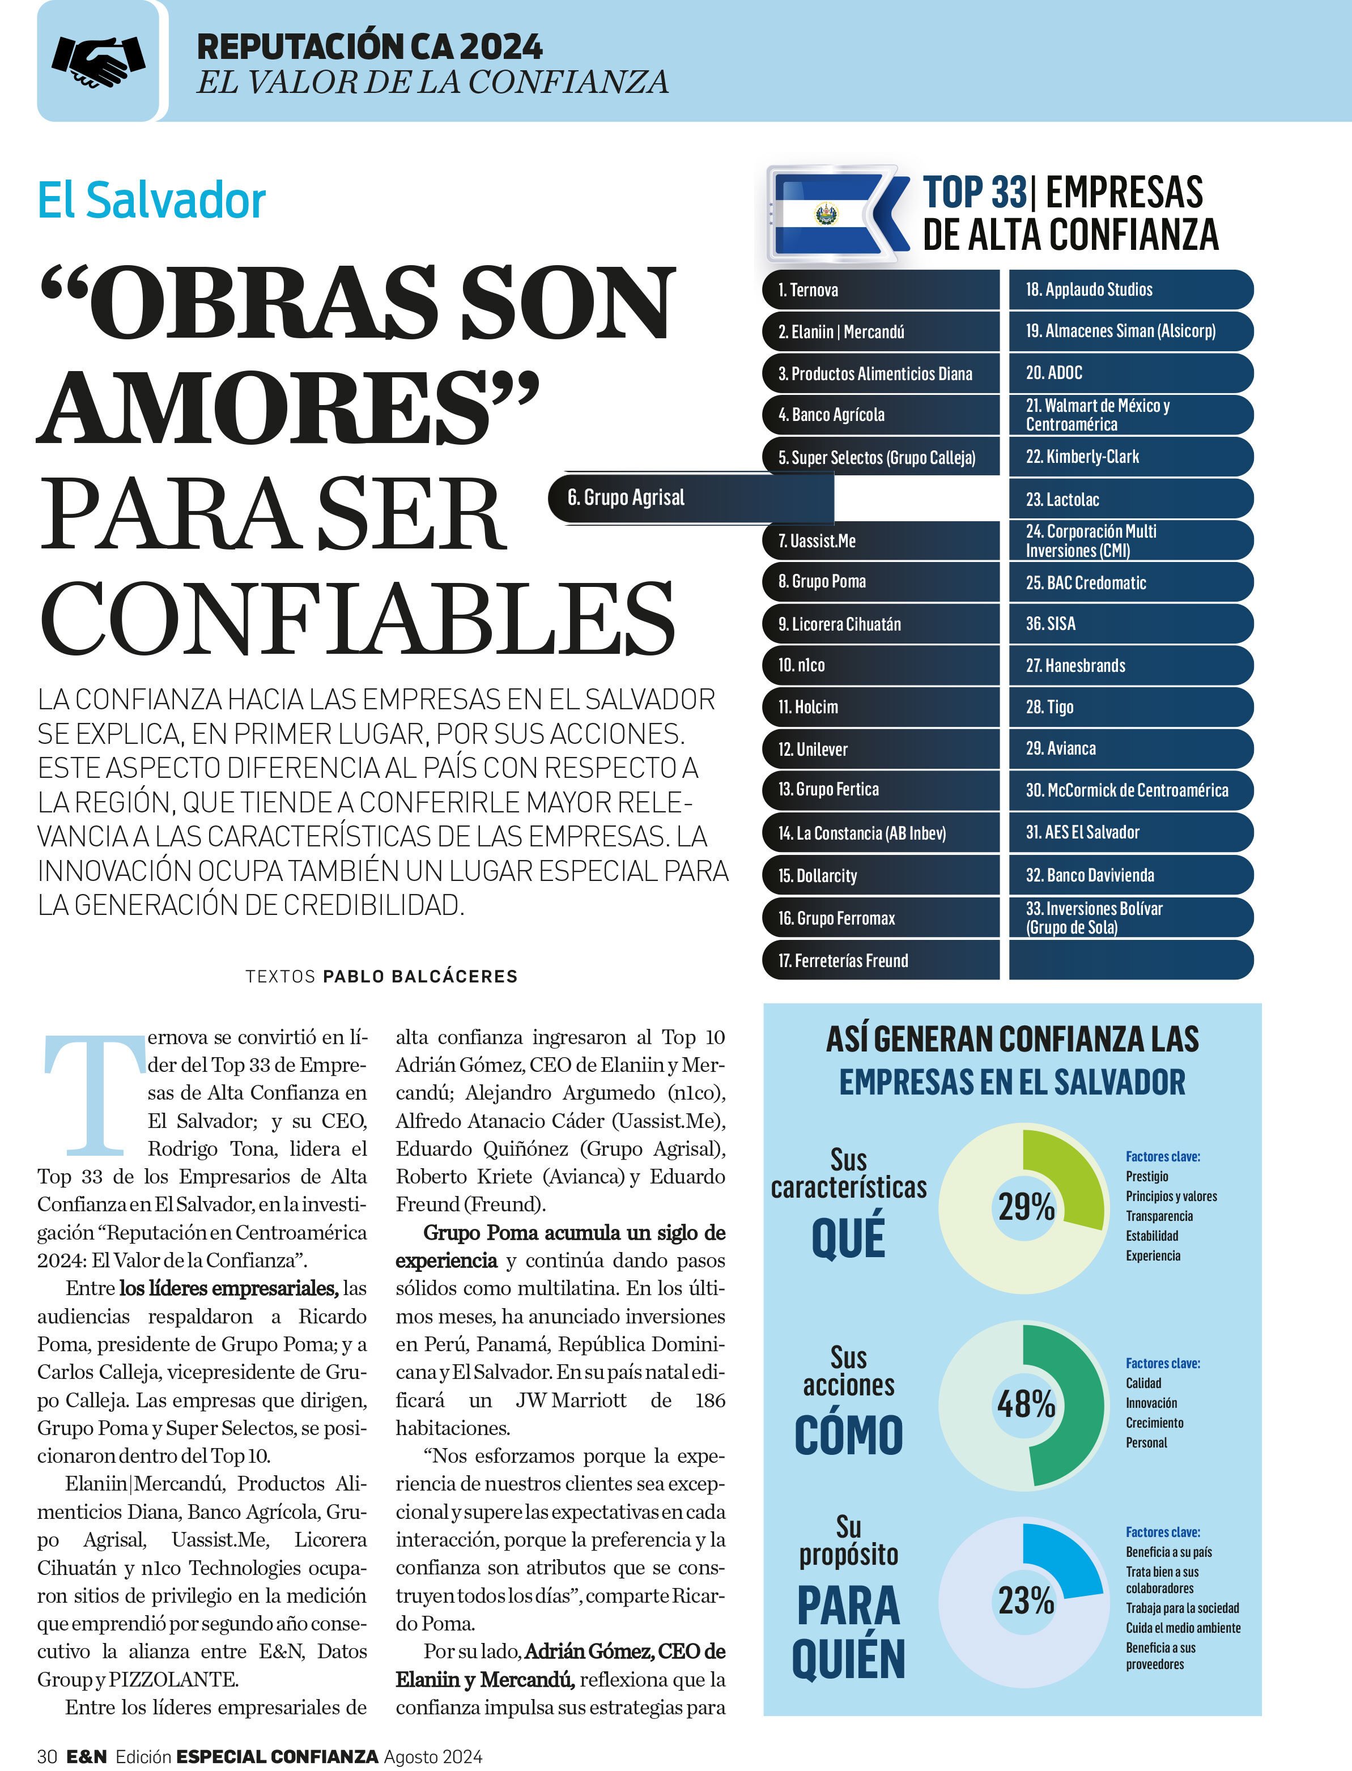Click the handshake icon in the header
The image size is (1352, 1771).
tap(98, 62)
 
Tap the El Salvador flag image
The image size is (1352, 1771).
tap(827, 214)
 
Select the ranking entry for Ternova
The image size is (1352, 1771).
tap(808, 290)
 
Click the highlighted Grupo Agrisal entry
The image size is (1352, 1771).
tap(626, 497)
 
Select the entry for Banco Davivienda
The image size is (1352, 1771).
tap(1090, 875)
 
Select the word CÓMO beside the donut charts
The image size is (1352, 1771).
tap(848, 1436)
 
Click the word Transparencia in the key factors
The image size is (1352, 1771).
tap(1159, 1216)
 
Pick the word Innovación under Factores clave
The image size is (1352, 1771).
tap(1151, 1403)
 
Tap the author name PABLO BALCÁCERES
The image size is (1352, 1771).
tap(420, 977)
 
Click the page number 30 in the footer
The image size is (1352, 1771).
tap(46, 1756)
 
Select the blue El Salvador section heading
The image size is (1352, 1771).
tap(151, 201)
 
